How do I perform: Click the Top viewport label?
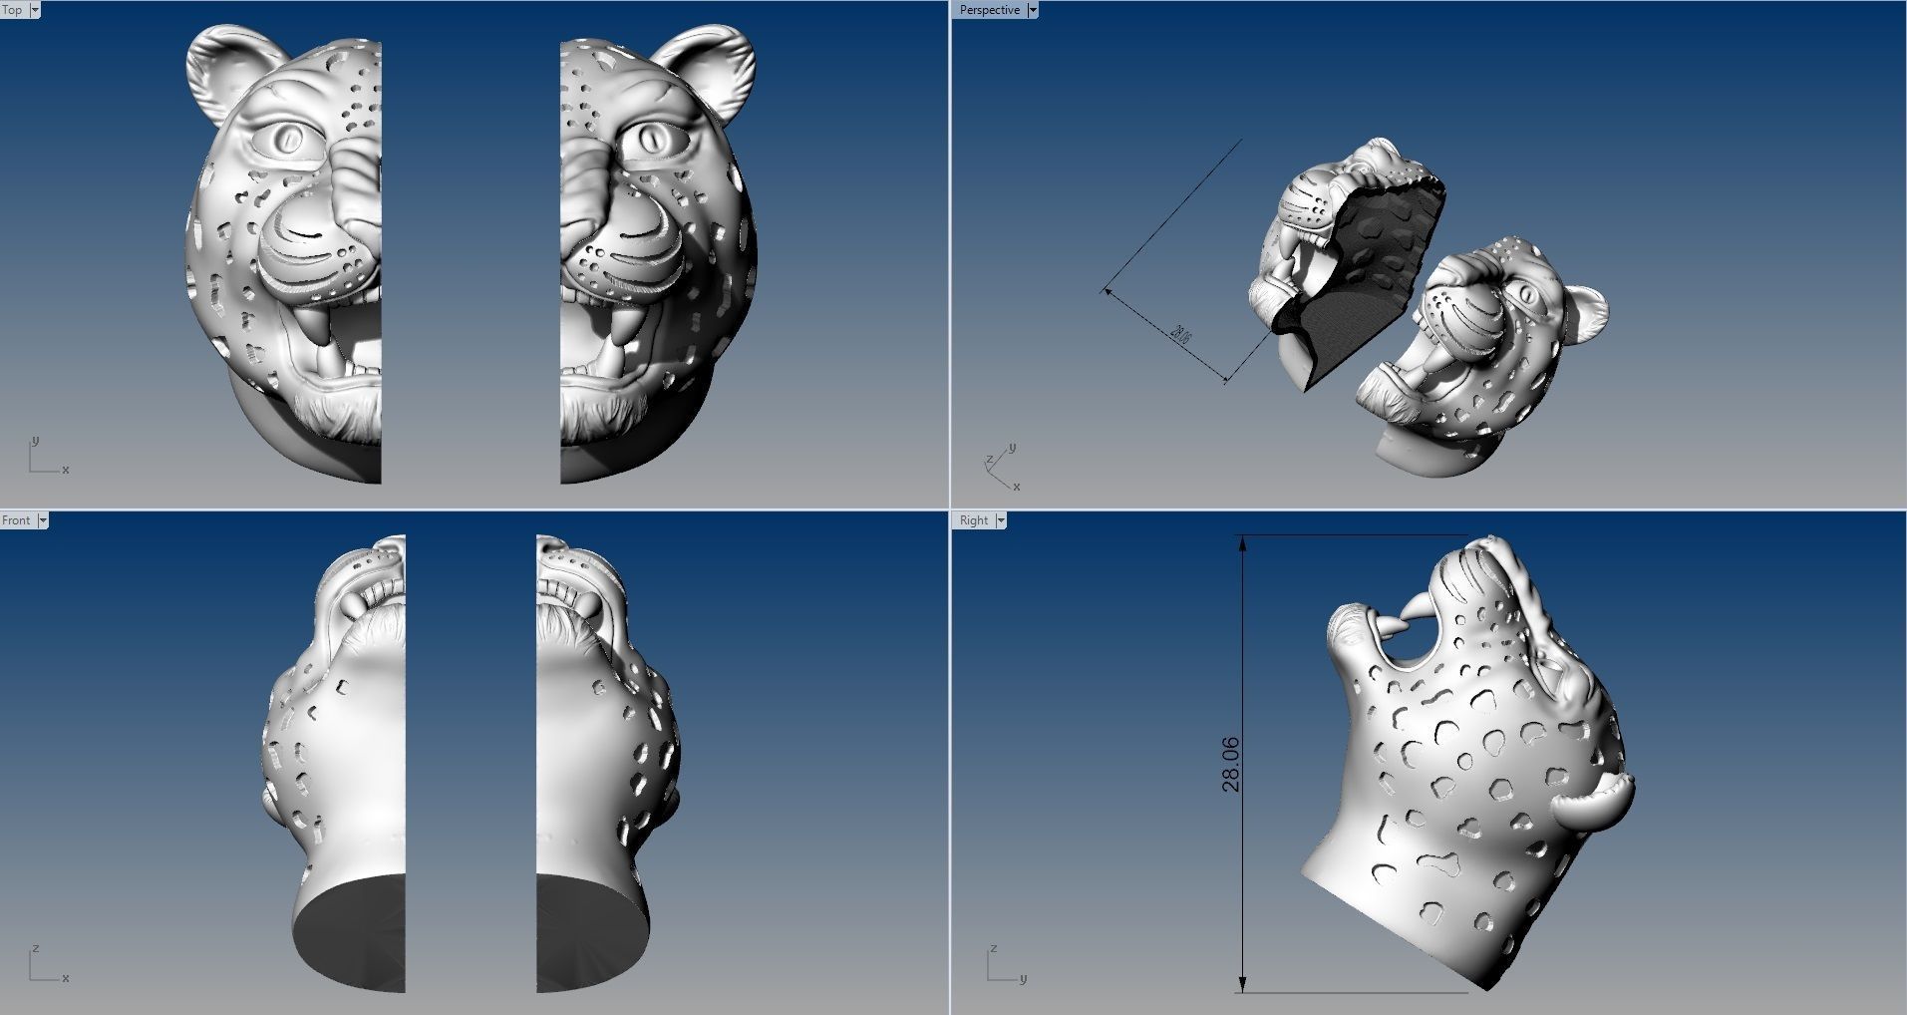point(13,10)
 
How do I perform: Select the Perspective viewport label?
point(989,10)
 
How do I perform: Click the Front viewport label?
point(16,520)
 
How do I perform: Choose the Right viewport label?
point(973,520)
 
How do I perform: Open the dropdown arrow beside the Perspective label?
point(1033,10)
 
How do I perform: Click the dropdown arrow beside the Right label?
point(1000,520)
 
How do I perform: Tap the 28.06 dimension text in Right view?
point(1231,764)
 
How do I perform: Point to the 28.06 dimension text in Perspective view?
point(1180,334)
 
